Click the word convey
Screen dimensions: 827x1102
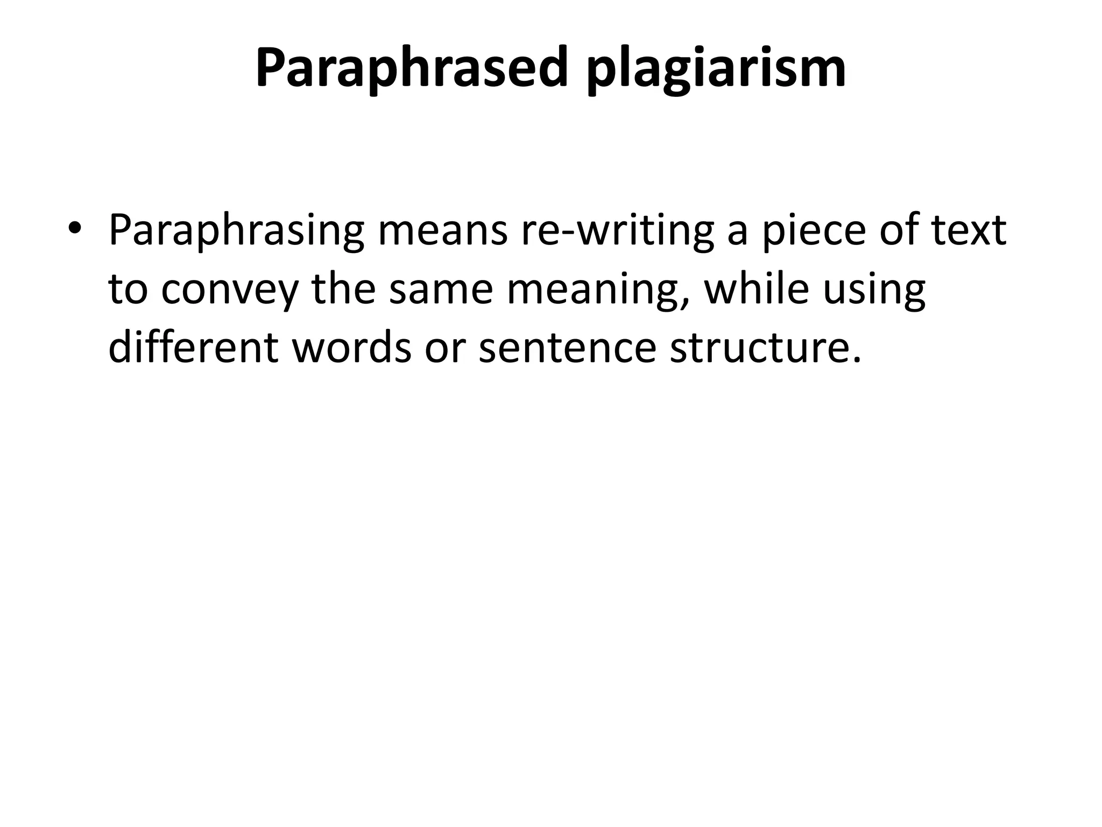point(229,289)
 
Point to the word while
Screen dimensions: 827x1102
point(757,289)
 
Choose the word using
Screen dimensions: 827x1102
point(874,289)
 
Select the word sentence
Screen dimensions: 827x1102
point(567,347)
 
